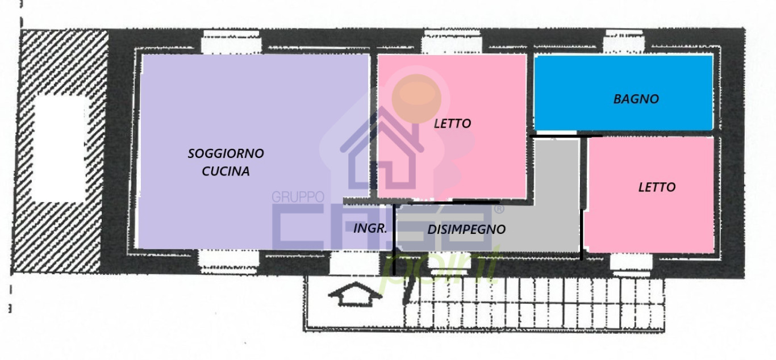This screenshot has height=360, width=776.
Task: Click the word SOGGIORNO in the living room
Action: tap(226, 153)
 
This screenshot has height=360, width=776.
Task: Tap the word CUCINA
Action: tap(226, 171)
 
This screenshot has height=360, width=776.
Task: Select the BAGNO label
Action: tap(636, 99)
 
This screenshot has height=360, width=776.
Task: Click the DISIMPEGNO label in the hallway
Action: tap(466, 229)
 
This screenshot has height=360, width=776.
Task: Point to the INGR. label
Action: tap(370, 229)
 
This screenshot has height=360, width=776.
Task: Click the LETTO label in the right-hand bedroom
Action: tap(657, 187)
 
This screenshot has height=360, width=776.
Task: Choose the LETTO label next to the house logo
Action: tap(452, 123)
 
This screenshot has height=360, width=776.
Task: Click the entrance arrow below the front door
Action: tap(353, 294)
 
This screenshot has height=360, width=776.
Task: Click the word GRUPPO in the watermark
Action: tap(297, 197)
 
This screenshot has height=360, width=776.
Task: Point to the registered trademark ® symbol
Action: tap(499, 210)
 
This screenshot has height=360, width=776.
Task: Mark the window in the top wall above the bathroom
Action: tap(623, 41)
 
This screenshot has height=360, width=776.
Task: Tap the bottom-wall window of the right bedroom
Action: tap(631, 262)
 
